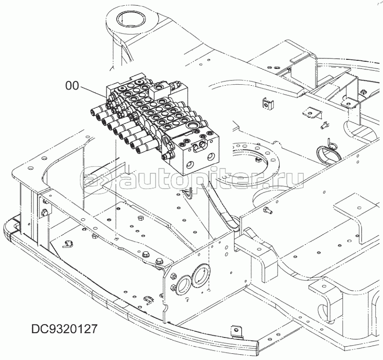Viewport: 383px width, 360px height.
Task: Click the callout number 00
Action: [x=72, y=86]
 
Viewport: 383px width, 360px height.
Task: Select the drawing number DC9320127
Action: [x=65, y=329]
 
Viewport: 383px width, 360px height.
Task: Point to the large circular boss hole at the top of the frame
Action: [x=131, y=19]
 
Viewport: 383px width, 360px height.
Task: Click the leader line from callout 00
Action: [x=93, y=92]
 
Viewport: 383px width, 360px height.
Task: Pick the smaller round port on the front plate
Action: [x=183, y=284]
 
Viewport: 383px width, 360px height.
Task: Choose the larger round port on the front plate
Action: [x=201, y=275]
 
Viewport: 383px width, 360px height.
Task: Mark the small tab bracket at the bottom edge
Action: [x=236, y=332]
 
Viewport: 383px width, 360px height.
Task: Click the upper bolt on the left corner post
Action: [x=45, y=202]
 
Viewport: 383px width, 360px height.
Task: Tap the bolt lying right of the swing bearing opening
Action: [x=267, y=210]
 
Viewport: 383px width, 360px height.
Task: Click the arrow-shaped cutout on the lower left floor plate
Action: [x=68, y=244]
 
